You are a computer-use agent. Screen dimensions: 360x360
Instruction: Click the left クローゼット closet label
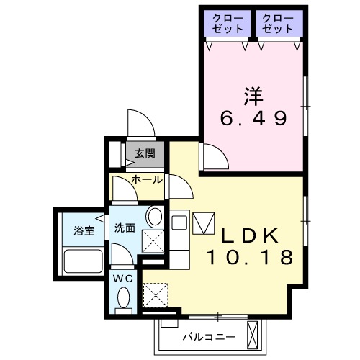click(x=228, y=23)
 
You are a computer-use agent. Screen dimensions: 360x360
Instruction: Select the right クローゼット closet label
click(x=277, y=23)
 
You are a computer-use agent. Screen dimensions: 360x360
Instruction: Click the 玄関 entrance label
click(x=145, y=153)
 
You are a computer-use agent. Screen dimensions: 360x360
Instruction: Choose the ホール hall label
click(x=145, y=179)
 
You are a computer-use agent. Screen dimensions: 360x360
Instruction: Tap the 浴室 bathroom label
click(x=84, y=231)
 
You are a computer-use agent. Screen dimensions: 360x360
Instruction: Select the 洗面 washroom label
click(x=125, y=229)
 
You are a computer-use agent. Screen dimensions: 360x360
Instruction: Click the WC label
click(x=122, y=277)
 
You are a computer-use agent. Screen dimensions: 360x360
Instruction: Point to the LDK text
click(x=248, y=235)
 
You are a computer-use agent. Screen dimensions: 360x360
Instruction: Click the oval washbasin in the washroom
click(x=153, y=217)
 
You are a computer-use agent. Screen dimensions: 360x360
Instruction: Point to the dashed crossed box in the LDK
click(x=155, y=294)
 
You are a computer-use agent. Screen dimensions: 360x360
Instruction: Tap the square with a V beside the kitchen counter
click(x=204, y=223)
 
